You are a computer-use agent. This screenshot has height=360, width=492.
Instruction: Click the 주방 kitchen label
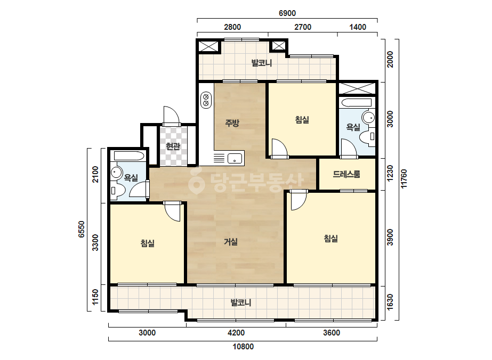point(232,123)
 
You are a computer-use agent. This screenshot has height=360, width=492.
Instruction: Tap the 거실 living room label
point(231,242)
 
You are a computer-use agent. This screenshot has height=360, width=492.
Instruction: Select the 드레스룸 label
point(346,174)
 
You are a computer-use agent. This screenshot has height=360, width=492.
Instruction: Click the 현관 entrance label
point(173,146)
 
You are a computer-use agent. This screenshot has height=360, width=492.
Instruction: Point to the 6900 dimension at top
point(287,13)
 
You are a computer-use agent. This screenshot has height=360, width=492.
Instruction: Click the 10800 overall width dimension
point(243,347)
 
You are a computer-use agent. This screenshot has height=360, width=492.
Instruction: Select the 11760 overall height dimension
point(404,179)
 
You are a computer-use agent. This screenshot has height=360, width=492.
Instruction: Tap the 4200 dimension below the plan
point(236,333)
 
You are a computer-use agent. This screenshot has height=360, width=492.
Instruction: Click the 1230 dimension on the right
point(390,174)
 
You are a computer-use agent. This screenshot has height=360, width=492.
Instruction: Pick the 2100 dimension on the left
point(95,174)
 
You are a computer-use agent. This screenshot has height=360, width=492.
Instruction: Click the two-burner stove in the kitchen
point(206,100)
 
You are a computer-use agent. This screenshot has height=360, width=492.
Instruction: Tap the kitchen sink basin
point(235,158)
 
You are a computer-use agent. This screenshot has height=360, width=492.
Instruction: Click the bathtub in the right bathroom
point(357,103)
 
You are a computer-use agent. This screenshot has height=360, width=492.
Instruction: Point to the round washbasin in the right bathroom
point(368,118)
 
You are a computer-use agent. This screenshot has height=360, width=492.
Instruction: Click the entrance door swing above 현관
point(172,115)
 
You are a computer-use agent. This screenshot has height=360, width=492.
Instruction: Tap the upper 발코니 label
point(262,63)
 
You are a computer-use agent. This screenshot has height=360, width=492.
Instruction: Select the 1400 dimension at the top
point(358,27)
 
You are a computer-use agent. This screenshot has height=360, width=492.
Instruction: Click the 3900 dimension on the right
point(390,238)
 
